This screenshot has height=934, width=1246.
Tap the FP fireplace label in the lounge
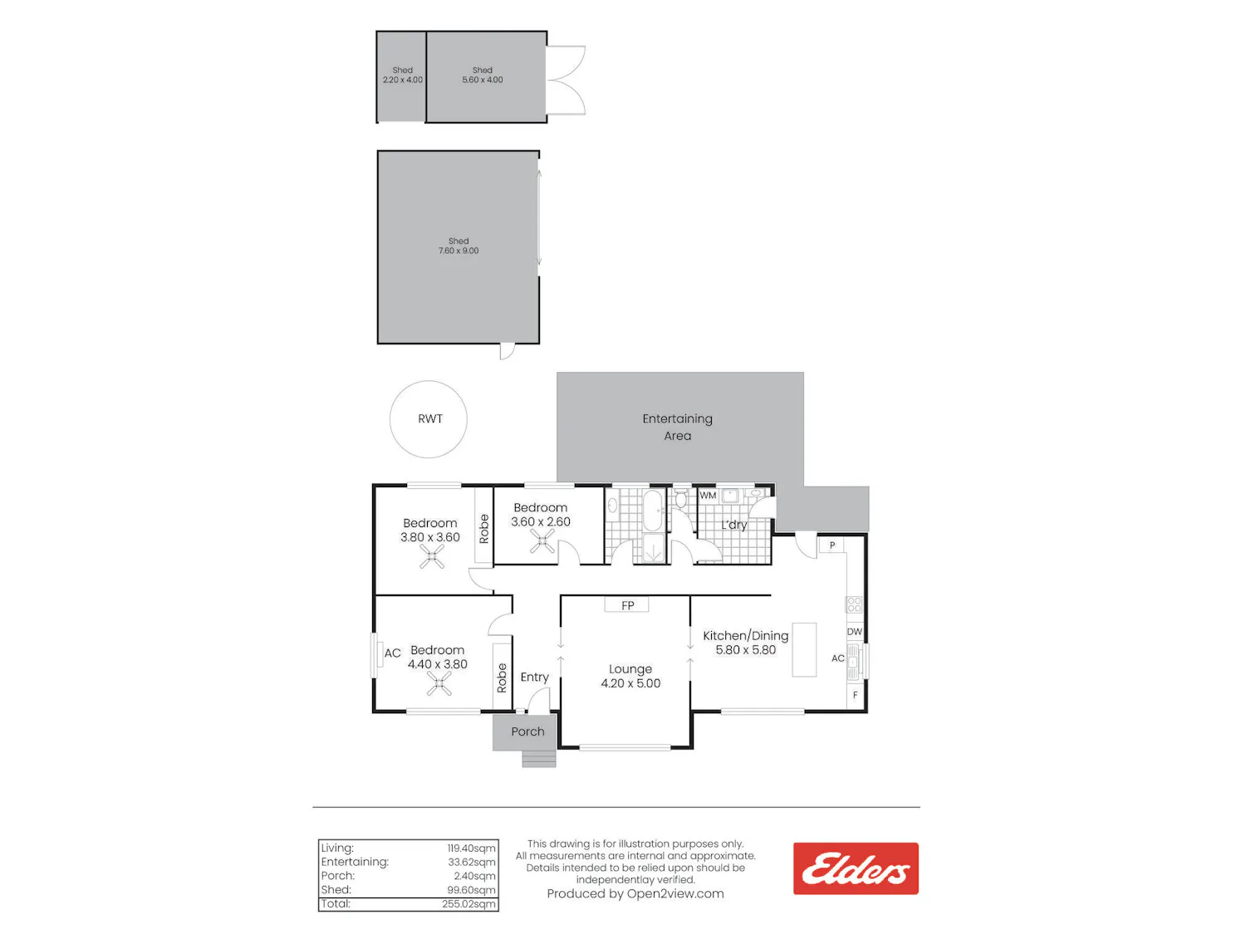[x=627, y=606]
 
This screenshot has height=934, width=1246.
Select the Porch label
[x=527, y=731]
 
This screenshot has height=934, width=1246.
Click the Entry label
[x=534, y=677]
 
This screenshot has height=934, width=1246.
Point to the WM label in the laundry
[x=707, y=495]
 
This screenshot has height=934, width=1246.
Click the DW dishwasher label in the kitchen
[x=854, y=632]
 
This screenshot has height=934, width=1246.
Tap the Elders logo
[x=856, y=868]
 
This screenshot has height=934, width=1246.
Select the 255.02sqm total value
[x=468, y=904]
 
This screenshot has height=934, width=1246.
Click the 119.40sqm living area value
[x=471, y=848]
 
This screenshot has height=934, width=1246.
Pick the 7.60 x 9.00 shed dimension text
[x=458, y=251]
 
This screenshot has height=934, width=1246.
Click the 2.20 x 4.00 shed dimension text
[x=403, y=80]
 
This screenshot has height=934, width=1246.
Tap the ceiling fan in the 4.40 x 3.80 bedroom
[x=439, y=684]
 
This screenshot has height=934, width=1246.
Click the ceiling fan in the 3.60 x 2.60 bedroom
[x=542, y=542]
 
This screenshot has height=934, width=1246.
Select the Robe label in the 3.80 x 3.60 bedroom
[x=483, y=529]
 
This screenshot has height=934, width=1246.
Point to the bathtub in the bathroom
[x=654, y=511]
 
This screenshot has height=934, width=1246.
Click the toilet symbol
[x=680, y=498]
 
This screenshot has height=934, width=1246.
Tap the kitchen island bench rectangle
[x=804, y=650]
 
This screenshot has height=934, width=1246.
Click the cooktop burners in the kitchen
[x=854, y=604]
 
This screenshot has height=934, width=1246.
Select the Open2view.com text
[x=675, y=894]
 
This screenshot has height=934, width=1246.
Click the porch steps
[x=539, y=759]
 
